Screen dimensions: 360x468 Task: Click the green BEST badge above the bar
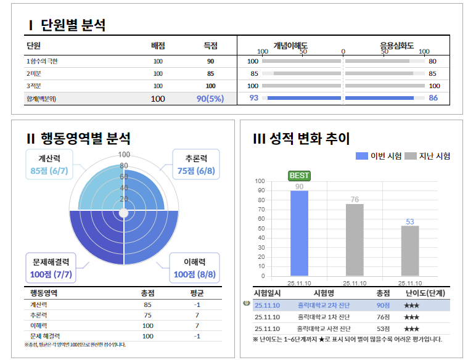point(299,176)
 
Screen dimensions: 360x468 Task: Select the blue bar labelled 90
point(299,233)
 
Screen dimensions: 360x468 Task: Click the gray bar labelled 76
point(355,240)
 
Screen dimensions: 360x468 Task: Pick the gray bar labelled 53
point(410,251)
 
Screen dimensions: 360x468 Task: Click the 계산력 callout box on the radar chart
point(49,164)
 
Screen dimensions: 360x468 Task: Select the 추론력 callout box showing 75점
point(195,165)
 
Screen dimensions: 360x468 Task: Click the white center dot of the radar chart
point(123,213)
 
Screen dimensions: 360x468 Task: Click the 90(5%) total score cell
point(210,98)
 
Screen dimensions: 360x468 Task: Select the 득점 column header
point(211,46)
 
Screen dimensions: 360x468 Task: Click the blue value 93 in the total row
point(253,98)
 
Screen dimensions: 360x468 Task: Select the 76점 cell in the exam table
point(384,317)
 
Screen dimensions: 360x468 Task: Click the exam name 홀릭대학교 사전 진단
point(324,328)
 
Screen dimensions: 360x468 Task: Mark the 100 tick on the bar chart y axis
point(260,181)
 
